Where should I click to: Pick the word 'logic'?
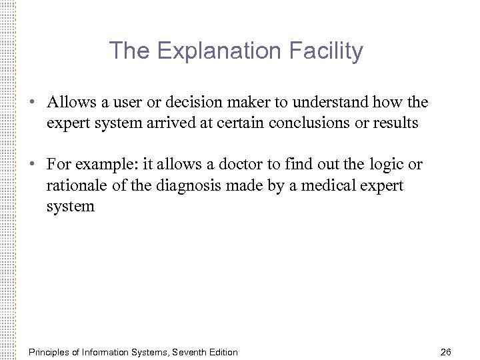pos(389,165)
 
